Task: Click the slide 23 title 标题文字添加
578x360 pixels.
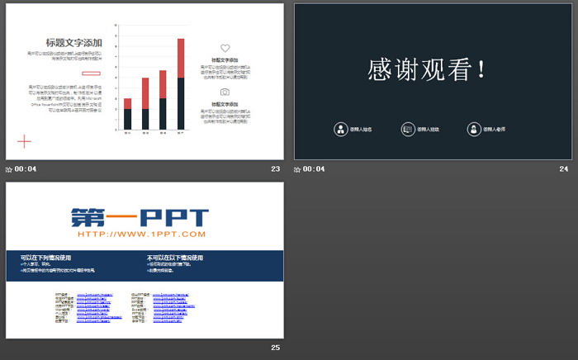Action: [74, 43]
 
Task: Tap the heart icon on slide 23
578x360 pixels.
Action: [225, 49]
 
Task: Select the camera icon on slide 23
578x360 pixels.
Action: [225, 92]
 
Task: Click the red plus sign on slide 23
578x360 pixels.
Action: [24, 142]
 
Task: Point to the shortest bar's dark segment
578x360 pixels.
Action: [127, 119]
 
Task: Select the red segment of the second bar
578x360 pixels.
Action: [145, 93]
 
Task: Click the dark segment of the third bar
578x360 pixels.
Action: [163, 114]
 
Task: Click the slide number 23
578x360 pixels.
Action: [275, 169]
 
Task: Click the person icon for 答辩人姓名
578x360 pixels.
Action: [340, 129]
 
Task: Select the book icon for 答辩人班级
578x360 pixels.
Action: [407, 129]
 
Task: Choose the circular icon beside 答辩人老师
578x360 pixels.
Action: [473, 129]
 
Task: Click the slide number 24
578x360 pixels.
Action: [564, 169]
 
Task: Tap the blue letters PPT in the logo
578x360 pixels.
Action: [174, 217]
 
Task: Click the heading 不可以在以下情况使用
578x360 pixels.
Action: [174, 258]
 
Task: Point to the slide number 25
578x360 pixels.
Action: [275, 348]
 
